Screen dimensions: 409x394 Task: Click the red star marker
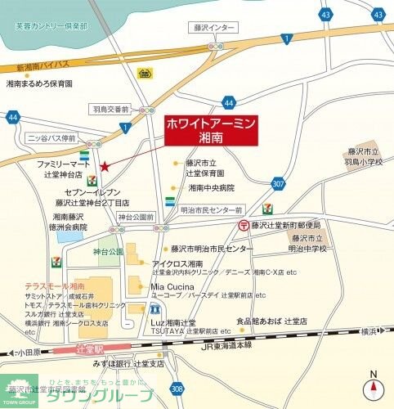click(105, 168)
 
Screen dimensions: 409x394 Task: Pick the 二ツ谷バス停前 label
click(51, 138)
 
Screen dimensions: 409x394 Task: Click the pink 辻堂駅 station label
click(83, 348)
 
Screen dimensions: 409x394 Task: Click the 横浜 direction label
click(370, 330)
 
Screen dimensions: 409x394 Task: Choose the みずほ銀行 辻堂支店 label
click(129, 363)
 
